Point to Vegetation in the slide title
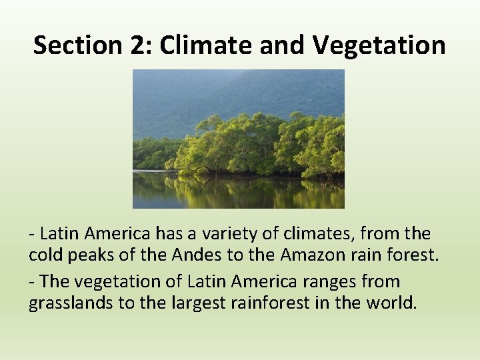coord(378,45)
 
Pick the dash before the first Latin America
coord(32,234)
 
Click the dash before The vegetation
coord(32,281)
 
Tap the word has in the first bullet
coord(166,234)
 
